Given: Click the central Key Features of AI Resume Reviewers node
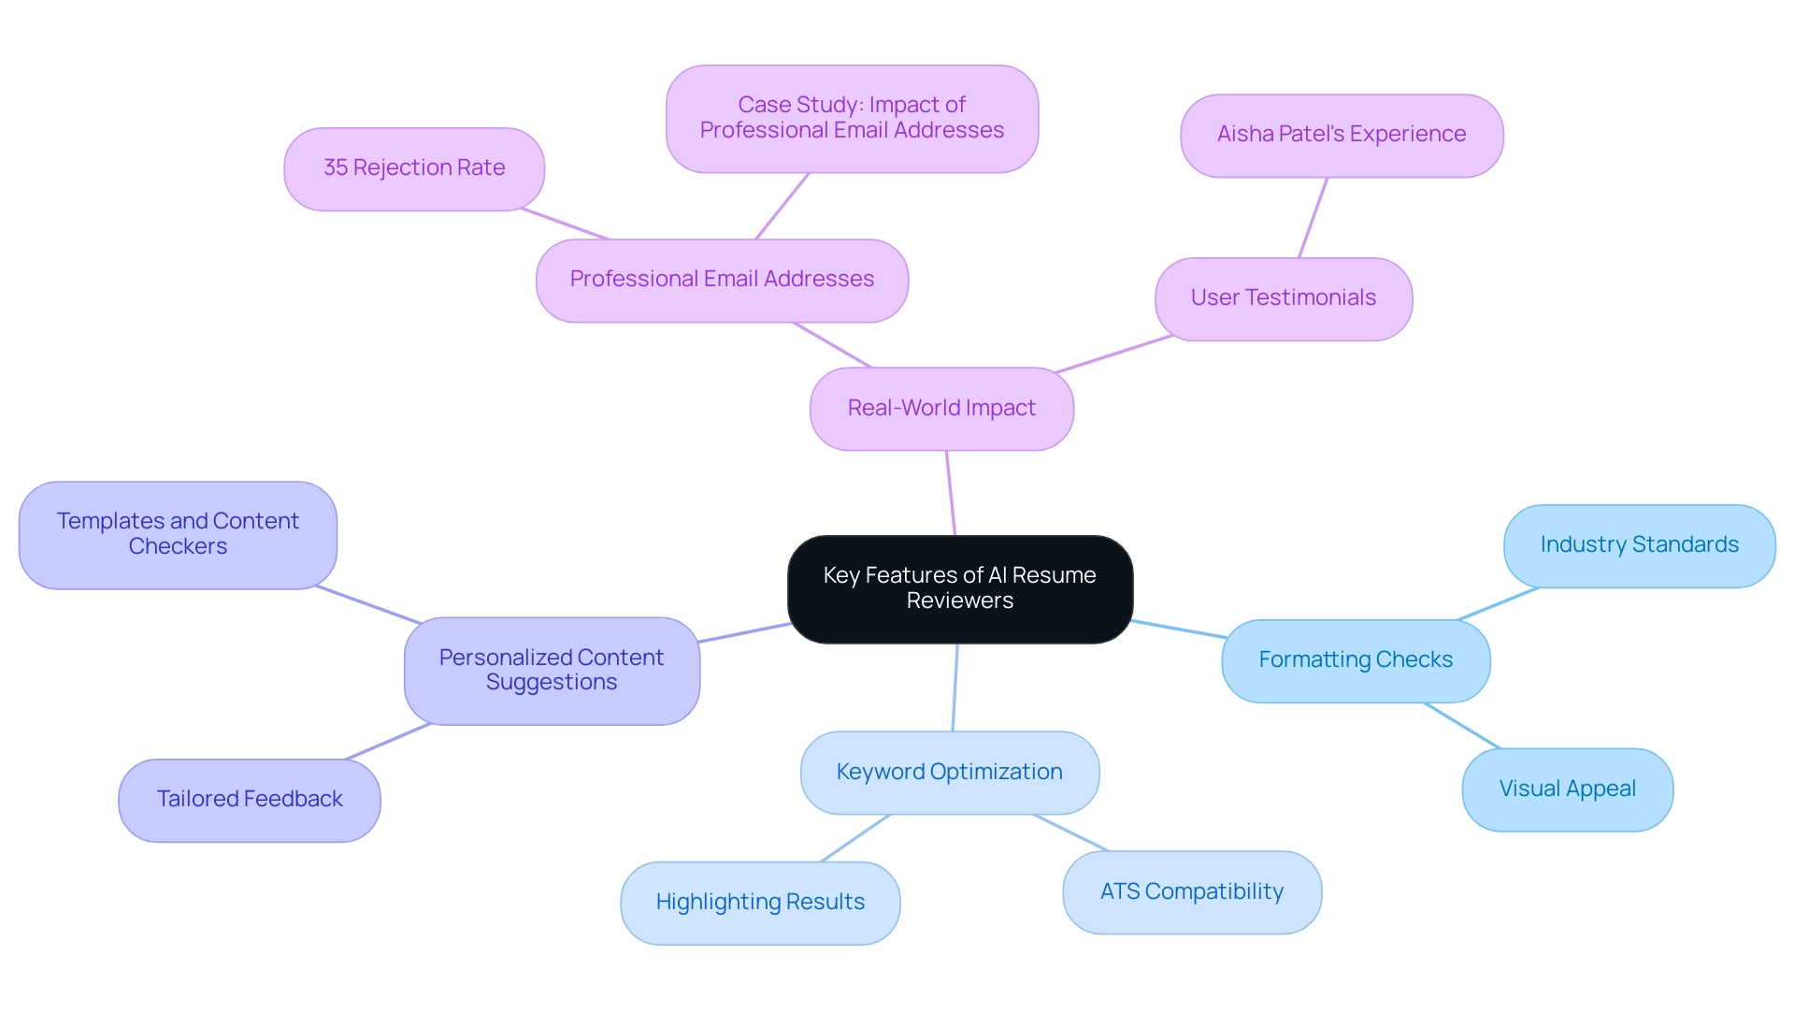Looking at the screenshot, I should click(960, 588).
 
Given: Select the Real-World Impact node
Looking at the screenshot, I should click(941, 409).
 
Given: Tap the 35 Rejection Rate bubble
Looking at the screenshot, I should click(414, 168).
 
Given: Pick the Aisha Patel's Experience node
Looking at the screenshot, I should click(1342, 135).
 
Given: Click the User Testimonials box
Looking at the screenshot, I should click(1284, 298).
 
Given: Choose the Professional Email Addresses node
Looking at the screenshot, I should click(722, 280).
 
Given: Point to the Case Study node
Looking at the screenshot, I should click(852, 118).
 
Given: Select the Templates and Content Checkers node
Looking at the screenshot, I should click(178, 534).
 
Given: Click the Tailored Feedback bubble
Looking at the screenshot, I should click(250, 800).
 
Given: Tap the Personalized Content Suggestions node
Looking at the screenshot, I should click(552, 670).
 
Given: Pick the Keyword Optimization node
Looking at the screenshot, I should click(950, 773).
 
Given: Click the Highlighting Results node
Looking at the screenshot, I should click(760, 903).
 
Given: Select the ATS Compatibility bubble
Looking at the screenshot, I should click(1192, 891).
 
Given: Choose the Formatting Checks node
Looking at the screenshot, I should click(1356, 660).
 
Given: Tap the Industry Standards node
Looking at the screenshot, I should click(1639, 545).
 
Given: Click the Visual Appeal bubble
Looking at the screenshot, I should click(1568, 789).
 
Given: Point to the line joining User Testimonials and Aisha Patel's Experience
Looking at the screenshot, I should click(1313, 218).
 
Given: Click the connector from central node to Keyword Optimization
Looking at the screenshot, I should click(955, 687).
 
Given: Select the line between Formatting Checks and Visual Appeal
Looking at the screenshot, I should click(1462, 726).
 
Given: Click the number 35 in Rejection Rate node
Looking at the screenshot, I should click(335, 168).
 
